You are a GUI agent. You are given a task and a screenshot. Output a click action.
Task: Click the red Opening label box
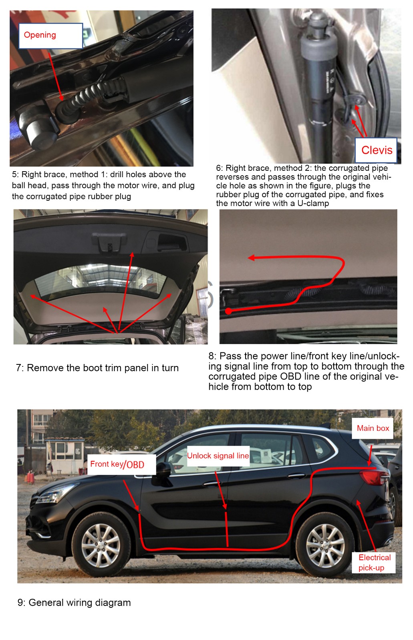pyautogui.click(x=50, y=36)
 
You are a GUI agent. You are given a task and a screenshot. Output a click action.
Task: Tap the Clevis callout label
pyautogui.click(x=376, y=150)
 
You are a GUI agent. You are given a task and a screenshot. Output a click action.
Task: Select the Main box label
pyautogui.click(x=373, y=428)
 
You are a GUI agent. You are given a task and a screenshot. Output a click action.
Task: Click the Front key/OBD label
pyautogui.click(x=121, y=464)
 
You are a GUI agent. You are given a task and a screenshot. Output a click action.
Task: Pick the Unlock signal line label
pyautogui.click(x=218, y=456)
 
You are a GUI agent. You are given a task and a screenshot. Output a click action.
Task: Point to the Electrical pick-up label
pyautogui.click(x=374, y=562)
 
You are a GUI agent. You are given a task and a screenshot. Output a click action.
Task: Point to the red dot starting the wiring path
pyautogui.click(x=228, y=311)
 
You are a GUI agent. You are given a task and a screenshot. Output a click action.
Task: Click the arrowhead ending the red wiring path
pyautogui.click(x=251, y=258)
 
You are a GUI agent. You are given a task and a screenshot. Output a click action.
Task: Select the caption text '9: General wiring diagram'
pyautogui.click(x=74, y=602)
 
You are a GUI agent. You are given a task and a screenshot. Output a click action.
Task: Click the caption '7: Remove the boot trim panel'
pyautogui.click(x=97, y=368)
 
